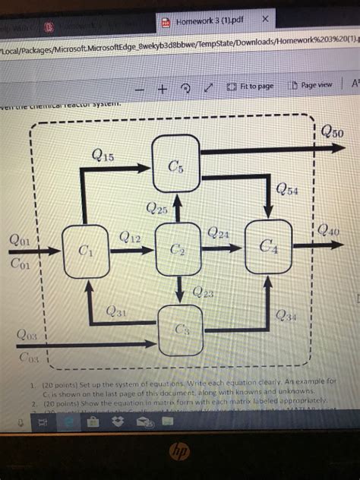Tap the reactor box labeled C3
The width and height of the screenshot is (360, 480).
(x=180, y=328)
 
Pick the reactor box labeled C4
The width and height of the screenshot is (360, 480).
(x=268, y=245)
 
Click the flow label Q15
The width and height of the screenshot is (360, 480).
(x=103, y=156)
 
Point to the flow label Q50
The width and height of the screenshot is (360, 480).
(x=331, y=133)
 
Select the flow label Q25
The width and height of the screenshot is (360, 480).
(x=156, y=207)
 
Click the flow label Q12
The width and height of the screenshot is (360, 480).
(x=131, y=237)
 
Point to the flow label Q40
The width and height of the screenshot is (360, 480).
(x=329, y=229)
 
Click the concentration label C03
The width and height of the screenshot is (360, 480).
(x=27, y=356)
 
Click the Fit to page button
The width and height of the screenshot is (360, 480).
(x=249, y=86)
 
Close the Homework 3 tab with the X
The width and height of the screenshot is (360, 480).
(x=264, y=18)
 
